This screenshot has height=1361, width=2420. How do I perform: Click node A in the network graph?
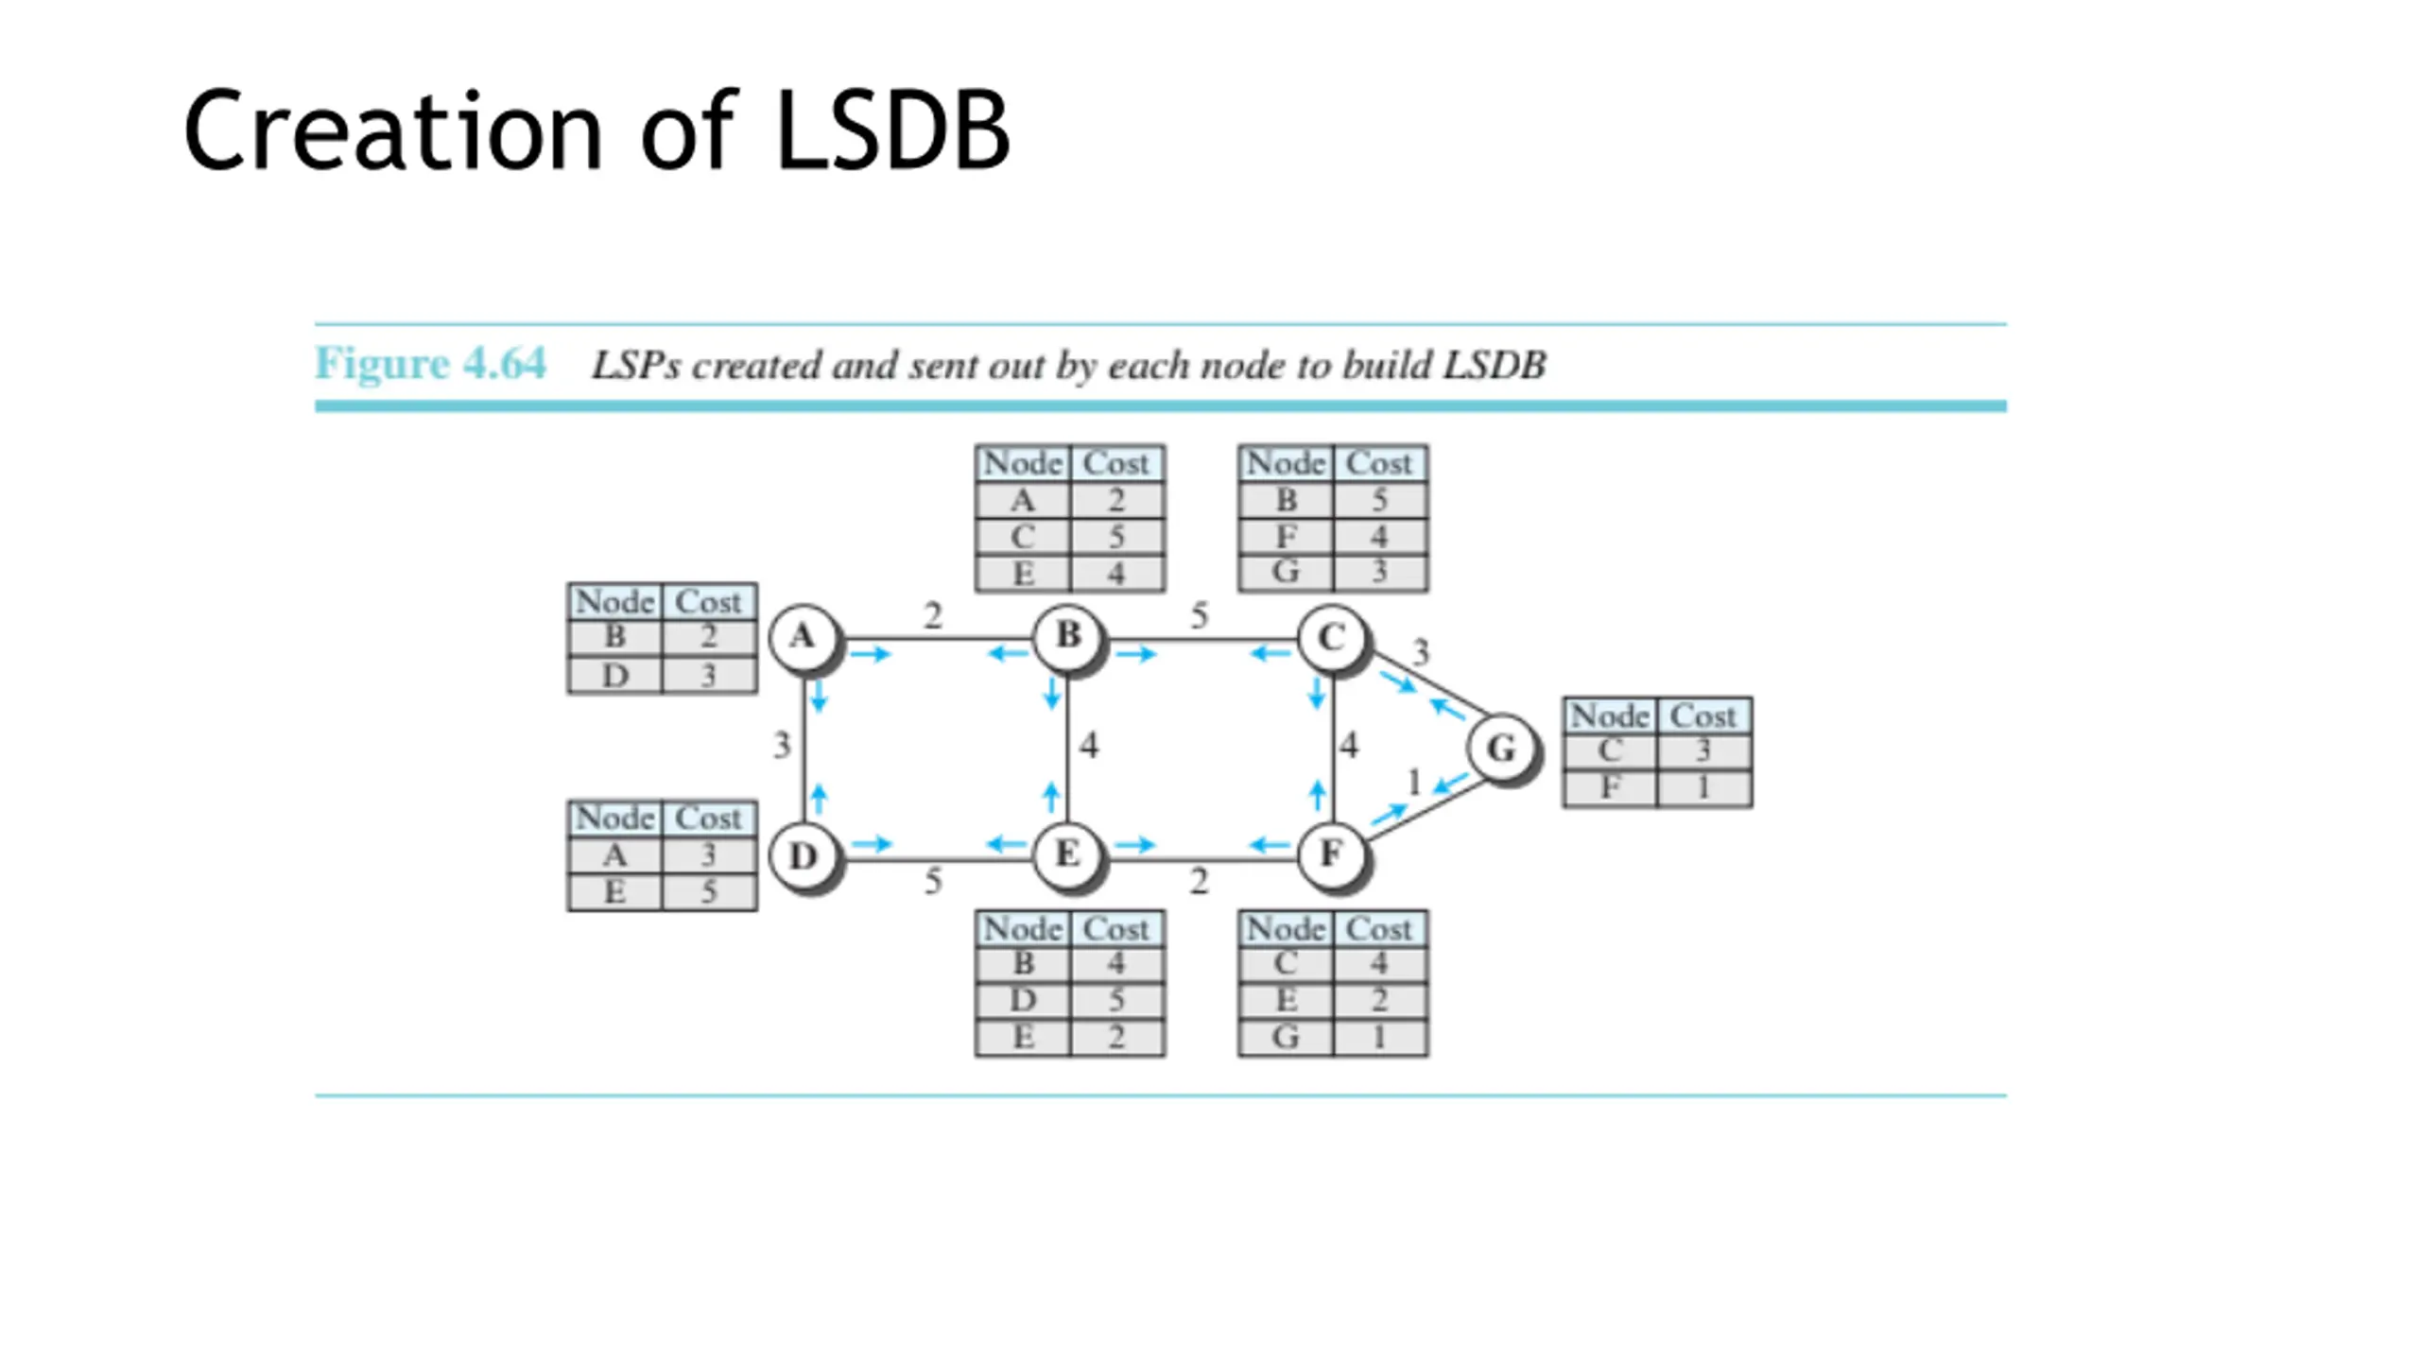tap(803, 637)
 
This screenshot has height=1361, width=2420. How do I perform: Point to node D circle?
tap(803, 856)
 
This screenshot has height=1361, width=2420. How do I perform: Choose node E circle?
tap(1067, 855)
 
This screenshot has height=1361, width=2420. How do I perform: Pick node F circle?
tap(1331, 855)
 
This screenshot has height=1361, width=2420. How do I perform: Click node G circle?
tap(1501, 748)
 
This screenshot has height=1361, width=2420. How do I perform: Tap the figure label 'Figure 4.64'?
tap(430, 363)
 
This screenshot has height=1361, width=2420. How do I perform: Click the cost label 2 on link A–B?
tap(933, 616)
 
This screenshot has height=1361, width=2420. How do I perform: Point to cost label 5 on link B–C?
tap(1199, 616)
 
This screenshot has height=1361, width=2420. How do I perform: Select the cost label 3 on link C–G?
tap(1421, 651)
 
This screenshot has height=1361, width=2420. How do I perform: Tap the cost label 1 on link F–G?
tap(1414, 783)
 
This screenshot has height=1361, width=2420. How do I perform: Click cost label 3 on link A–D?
tap(782, 746)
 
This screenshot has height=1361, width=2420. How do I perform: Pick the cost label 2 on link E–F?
tap(1199, 881)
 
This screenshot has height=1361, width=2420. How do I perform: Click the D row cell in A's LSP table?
tap(615, 675)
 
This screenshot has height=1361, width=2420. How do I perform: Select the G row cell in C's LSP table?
tap(1286, 573)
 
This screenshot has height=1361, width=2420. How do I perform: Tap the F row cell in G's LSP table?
tap(1610, 787)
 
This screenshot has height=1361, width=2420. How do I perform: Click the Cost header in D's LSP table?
tap(708, 818)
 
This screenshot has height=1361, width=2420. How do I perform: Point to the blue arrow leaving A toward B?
tap(871, 654)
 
